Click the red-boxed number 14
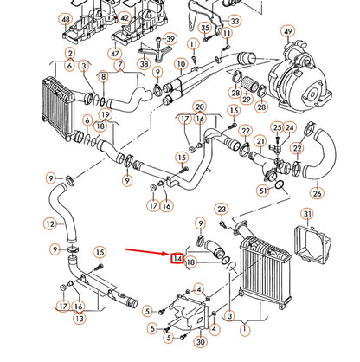[x=177, y=258]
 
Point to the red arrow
[x=148, y=252]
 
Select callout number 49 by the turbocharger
[x=288, y=31]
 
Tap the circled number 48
[x=66, y=19]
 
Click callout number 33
[x=235, y=21]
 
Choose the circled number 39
[x=170, y=39]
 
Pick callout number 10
[x=181, y=64]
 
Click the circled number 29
[x=247, y=100]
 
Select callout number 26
[x=317, y=193]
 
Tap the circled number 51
[x=263, y=191]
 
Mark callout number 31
[x=307, y=214]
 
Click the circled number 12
[x=50, y=223]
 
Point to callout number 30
[x=200, y=342]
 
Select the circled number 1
[x=245, y=329]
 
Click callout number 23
[x=222, y=210]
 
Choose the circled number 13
[x=80, y=319]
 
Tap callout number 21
[x=260, y=141]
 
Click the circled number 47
[x=115, y=54]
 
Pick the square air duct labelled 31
[x=312, y=245]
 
